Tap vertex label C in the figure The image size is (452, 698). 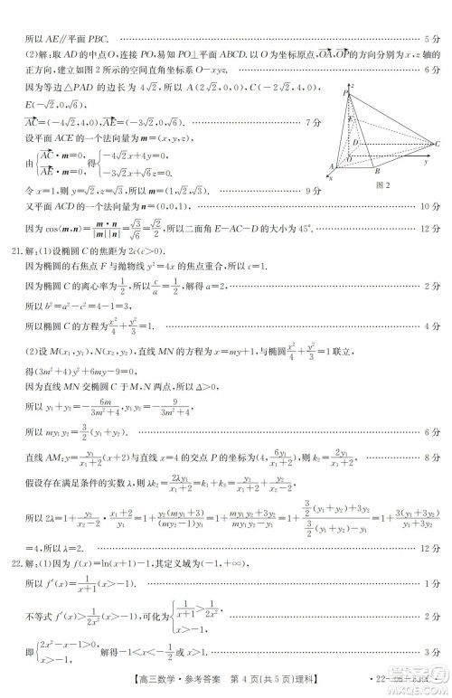pos(438,144)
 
